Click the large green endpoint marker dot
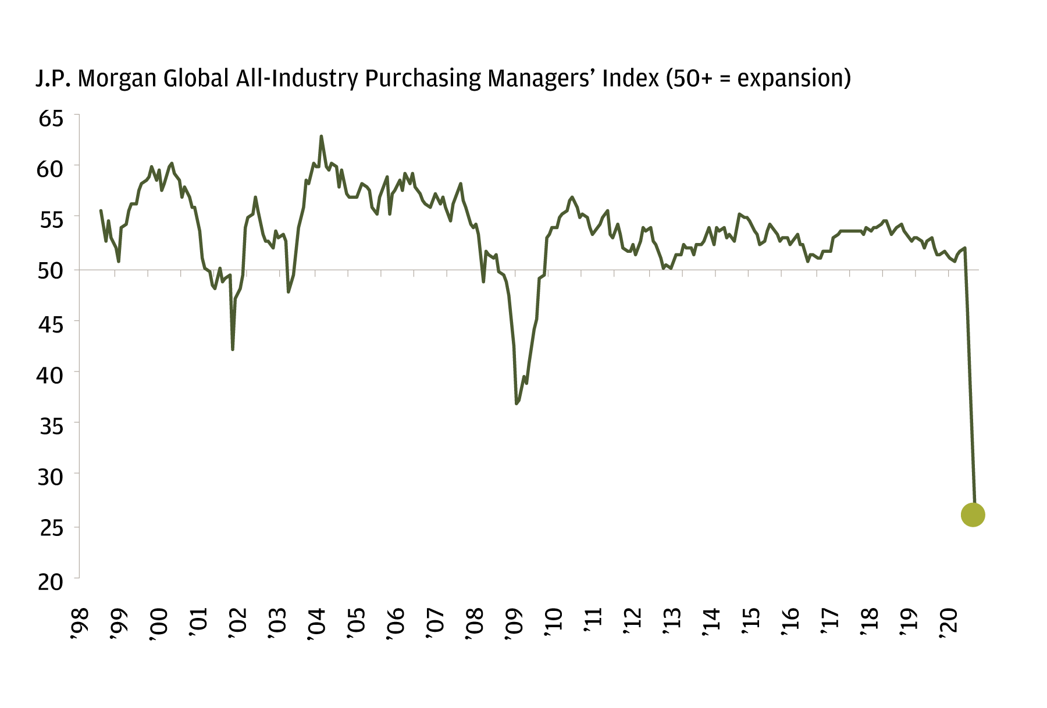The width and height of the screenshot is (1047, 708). (x=973, y=514)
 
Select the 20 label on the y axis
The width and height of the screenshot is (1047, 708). (x=51, y=581)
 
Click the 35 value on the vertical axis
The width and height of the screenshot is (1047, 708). (x=51, y=427)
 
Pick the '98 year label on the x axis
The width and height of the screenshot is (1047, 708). (x=78, y=623)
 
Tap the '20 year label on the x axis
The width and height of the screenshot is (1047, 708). (x=949, y=623)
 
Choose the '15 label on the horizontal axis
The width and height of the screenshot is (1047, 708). (x=751, y=623)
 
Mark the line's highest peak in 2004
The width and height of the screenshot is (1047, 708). (x=321, y=137)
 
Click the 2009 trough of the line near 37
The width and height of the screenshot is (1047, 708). (x=517, y=403)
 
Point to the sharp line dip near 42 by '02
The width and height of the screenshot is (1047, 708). (x=233, y=349)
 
